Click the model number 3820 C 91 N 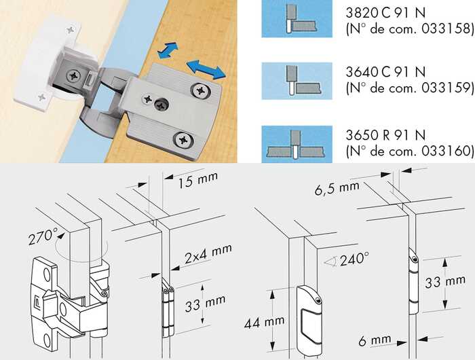click(x=385, y=13)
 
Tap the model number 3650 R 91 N click(x=385, y=135)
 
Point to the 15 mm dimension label click(x=197, y=180)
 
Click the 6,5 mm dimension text click(x=337, y=188)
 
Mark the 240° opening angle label click(x=354, y=259)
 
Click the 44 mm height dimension click(x=264, y=322)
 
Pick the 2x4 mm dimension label click(x=208, y=253)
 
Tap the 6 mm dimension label click(x=375, y=340)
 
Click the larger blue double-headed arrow click(x=206, y=69)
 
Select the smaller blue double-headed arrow click(x=168, y=50)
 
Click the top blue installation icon click(x=297, y=19)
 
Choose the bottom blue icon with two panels click(x=297, y=145)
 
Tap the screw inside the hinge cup click(x=73, y=75)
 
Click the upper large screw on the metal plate click(x=200, y=90)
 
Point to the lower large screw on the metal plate click(x=183, y=140)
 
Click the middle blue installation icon click(x=297, y=81)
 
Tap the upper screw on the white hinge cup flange click(x=71, y=30)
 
